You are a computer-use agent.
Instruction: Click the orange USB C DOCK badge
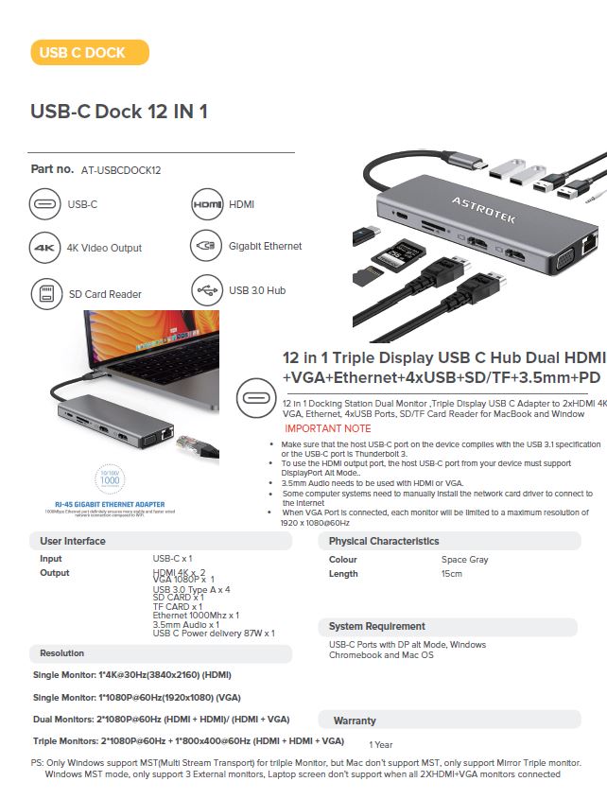pyautogui.click(x=90, y=53)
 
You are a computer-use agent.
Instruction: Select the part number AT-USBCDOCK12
pyautogui.click(x=121, y=170)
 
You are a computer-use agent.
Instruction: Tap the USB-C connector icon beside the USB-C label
pyautogui.click(x=45, y=204)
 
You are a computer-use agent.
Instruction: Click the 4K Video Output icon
pyautogui.click(x=45, y=247)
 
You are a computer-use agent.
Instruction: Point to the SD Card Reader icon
pyautogui.click(x=45, y=294)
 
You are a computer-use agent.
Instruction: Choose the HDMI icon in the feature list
pyautogui.click(x=206, y=204)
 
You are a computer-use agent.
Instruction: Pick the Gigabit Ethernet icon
pyautogui.click(x=206, y=246)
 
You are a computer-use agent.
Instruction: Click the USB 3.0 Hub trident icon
pyautogui.click(x=206, y=290)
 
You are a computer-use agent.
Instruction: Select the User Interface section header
pyautogui.click(x=73, y=542)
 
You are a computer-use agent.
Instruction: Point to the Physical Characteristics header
pyautogui.click(x=384, y=542)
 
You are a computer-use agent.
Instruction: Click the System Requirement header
pyautogui.click(x=376, y=627)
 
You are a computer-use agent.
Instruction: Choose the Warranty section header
pyautogui.click(x=355, y=721)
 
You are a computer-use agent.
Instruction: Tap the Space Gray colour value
pyautogui.click(x=464, y=560)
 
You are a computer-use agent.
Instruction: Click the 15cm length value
pyautogui.click(x=451, y=574)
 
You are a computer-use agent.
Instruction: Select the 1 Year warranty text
pyautogui.click(x=381, y=745)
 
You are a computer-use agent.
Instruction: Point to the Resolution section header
pyautogui.click(x=62, y=653)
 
